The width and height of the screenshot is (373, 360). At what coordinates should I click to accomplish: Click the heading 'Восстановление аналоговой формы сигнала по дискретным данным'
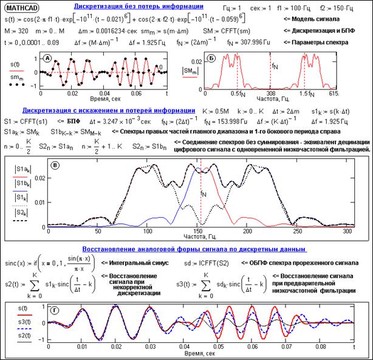pos(183,249)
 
